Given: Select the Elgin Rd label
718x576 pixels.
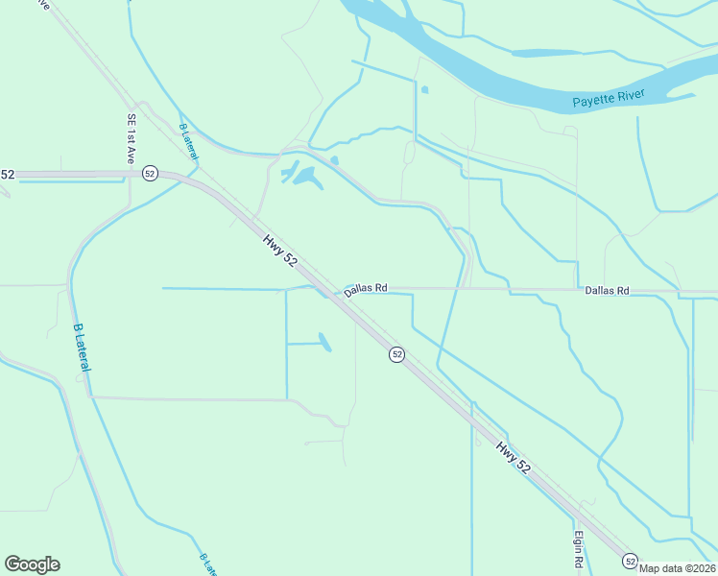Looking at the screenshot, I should coord(580,548).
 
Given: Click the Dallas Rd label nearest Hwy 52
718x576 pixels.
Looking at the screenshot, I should coord(366,288).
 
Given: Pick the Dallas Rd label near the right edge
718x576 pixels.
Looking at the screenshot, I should coord(607,289).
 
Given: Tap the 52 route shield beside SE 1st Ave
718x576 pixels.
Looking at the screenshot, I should coord(150,173).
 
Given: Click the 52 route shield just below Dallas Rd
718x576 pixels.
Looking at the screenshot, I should coord(396,354).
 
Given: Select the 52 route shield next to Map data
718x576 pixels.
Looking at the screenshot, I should coord(630,560).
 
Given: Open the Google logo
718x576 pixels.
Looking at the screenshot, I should coord(32,564).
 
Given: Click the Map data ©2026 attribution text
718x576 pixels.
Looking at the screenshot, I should coord(677,567).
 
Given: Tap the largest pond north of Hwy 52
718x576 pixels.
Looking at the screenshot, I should coord(308,177).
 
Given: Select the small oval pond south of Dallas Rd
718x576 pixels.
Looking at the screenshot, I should coord(324,342).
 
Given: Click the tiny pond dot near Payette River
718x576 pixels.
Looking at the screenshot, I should coord(424,90).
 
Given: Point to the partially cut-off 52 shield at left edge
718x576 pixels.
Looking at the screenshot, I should coord(7,174).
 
